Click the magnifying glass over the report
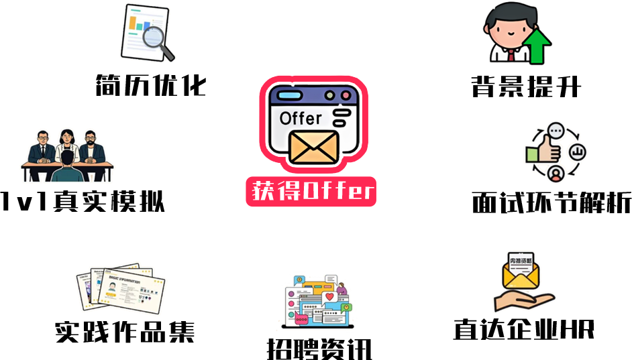[156, 40]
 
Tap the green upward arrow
[537, 46]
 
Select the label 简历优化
[151, 85]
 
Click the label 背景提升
[526, 86]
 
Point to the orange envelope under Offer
[314, 147]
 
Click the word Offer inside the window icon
[301, 119]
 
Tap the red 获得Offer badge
[311, 191]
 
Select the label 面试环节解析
[551, 202]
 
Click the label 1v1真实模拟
[83, 201]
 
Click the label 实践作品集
[125, 332]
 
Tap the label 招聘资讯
[319, 349]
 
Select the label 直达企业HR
[524, 329]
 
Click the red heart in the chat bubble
[329, 297]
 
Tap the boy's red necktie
[511, 55]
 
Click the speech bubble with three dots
[556, 131]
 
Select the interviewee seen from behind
[67, 166]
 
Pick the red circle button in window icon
[346, 95]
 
